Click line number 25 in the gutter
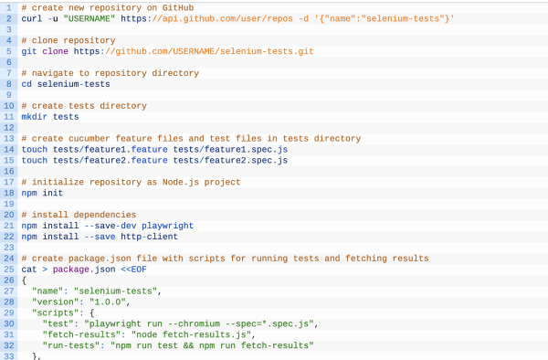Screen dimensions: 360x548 pos(7,270)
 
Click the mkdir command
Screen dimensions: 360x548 pos(34,117)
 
